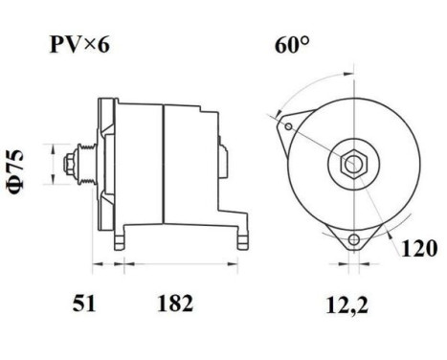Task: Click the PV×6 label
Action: [81, 45]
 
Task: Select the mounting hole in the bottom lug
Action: [356, 238]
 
